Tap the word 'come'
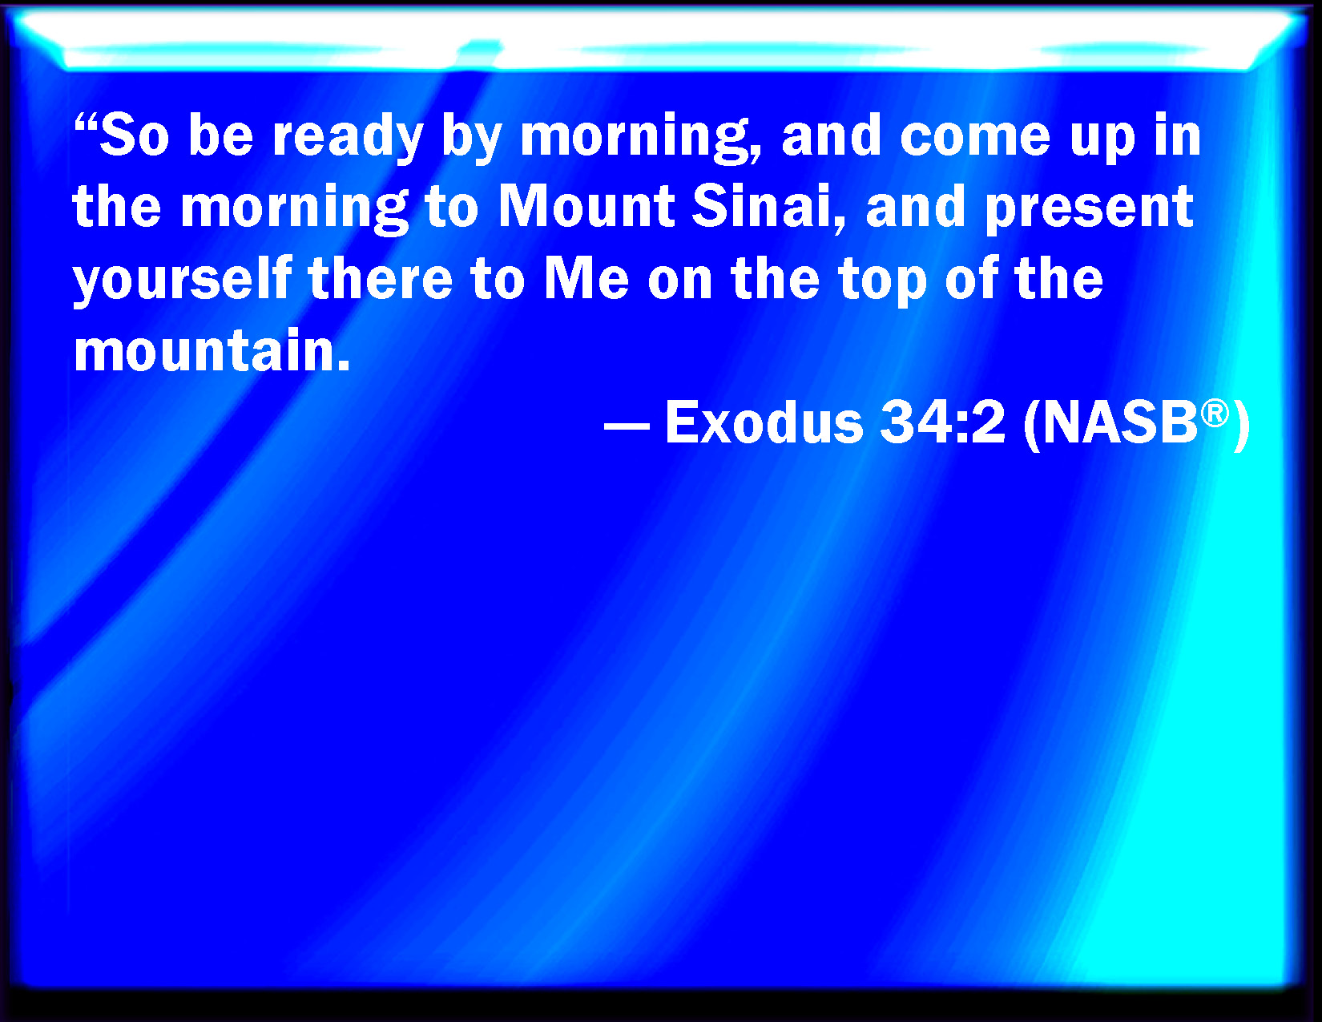[975, 137]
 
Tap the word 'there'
[381, 279]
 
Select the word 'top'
[883, 282]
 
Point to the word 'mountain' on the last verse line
[212, 350]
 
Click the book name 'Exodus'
[764, 422]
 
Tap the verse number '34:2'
[942, 422]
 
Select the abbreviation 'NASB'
[1120, 422]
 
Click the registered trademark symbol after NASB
[1215, 414]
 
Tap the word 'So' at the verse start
[134, 135]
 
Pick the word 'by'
[471, 138]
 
